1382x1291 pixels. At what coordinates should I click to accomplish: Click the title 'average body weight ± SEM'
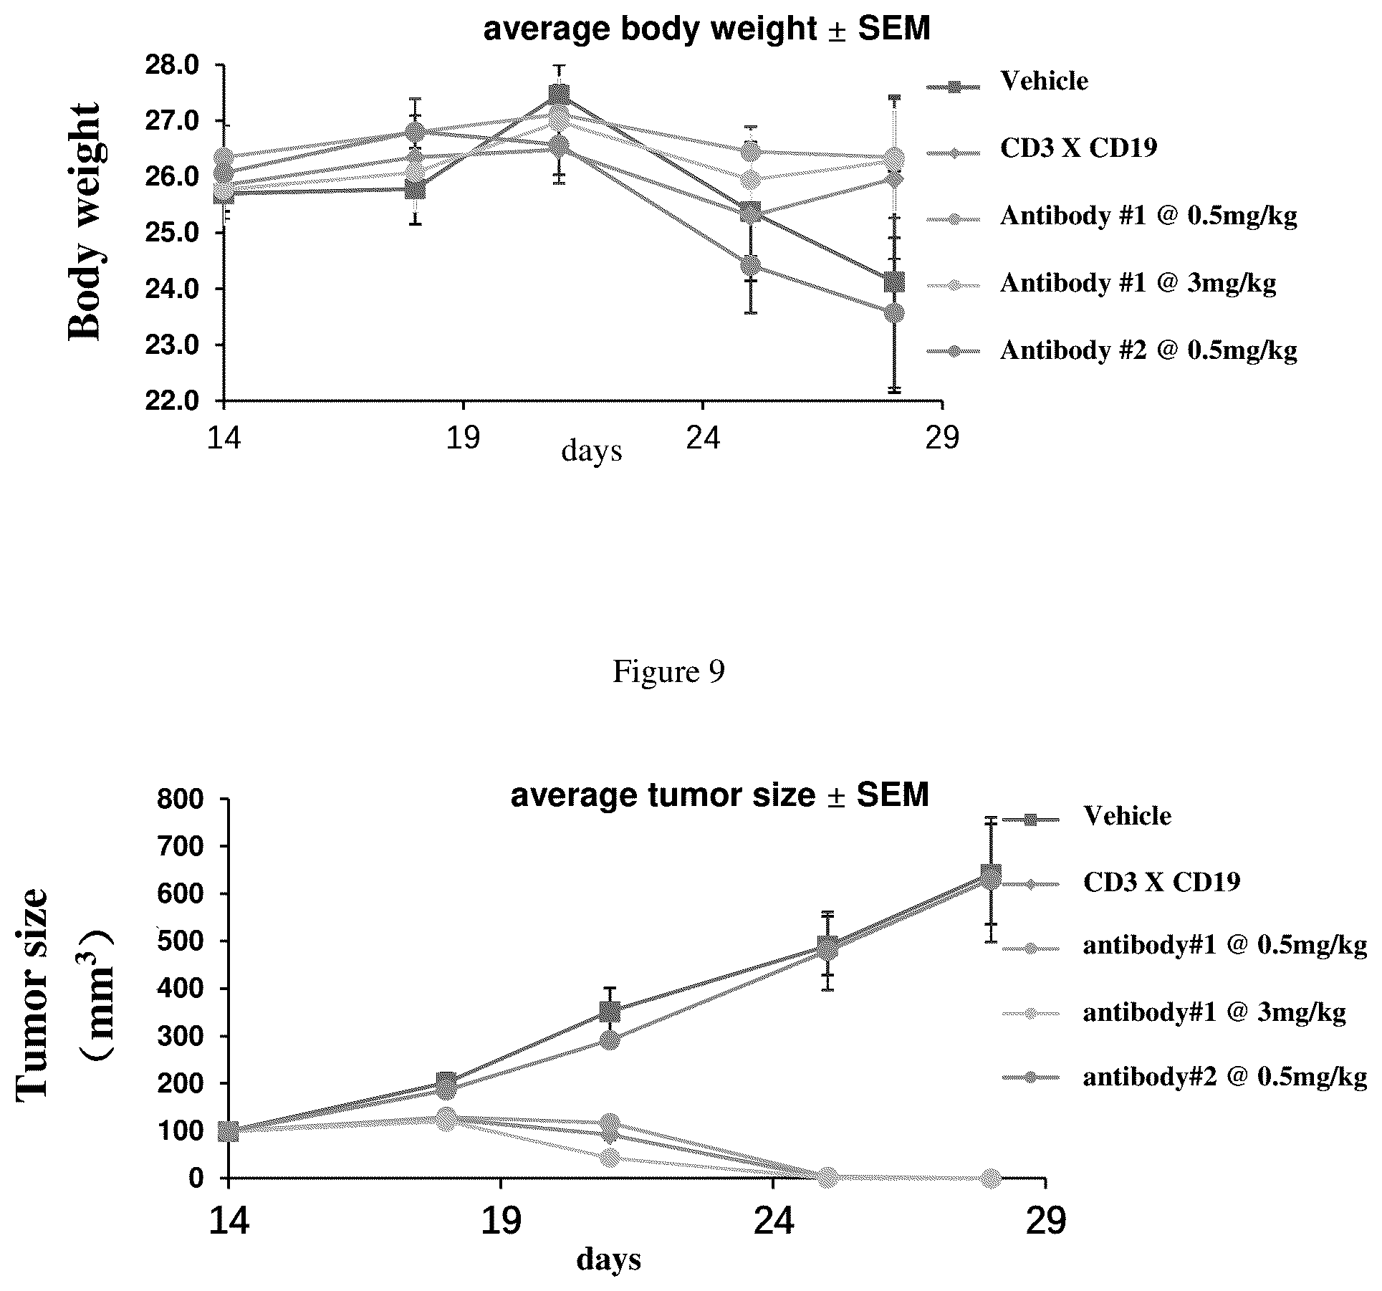706,29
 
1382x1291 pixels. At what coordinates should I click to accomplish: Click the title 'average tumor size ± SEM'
719,795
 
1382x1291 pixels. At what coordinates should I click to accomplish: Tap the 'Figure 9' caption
668,671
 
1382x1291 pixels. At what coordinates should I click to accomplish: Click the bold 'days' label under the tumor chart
608,1258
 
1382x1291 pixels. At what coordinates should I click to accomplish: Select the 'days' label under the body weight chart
591,451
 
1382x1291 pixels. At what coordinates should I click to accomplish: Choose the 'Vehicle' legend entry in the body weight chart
1044,81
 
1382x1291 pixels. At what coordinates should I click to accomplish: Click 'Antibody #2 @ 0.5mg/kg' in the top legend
1148,350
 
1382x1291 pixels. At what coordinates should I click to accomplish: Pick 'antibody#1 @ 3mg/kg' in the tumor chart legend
1214,1012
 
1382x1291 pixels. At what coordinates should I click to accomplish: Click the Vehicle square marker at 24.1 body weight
894,282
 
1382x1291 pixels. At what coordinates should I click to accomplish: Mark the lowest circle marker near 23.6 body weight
894,313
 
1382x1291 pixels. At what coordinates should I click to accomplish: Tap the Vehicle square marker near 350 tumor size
610,1012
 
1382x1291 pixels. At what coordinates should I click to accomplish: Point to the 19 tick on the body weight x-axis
463,438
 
